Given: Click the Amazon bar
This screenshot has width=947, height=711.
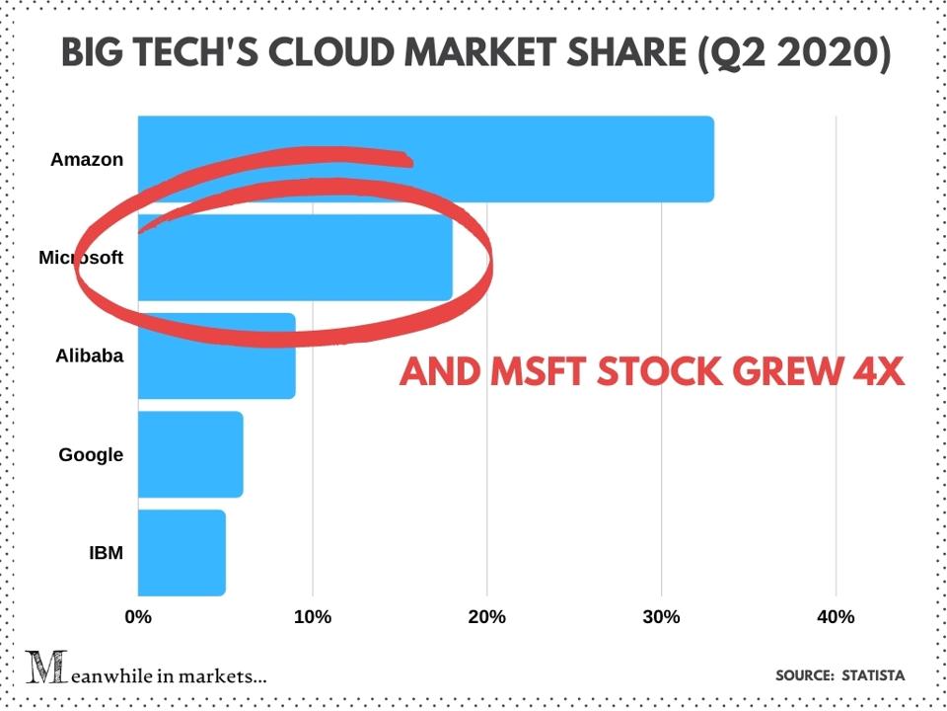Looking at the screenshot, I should coord(425,159).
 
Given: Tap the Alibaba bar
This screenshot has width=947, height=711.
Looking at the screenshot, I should coord(216,355).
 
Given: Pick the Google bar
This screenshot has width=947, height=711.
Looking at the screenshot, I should coord(189,454).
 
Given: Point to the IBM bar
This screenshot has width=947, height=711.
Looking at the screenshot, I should coord(182,552).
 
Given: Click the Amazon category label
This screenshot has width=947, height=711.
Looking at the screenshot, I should coord(87,159).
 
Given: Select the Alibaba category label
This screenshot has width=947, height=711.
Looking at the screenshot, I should coord(90,355).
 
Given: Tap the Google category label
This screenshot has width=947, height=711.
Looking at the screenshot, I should coord(91,454).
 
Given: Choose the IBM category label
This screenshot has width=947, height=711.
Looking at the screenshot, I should coord(106,552).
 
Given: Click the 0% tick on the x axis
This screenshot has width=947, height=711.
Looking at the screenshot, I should coord(138,617).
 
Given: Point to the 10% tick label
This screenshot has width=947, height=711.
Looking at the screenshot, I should coord(313,617).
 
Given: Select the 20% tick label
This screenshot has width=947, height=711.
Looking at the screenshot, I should coord(487,617).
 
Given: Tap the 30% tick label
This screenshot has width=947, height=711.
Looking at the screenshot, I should coord(662,617).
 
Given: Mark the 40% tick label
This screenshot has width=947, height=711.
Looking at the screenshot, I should coord(836,617).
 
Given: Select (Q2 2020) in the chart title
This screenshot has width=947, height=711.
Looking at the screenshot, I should coord(793,54).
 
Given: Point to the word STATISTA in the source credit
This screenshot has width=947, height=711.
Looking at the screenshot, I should coord(872,675).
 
